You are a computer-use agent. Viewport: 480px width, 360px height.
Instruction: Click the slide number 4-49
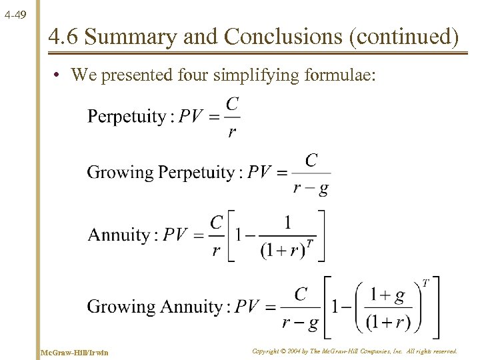(x=14, y=13)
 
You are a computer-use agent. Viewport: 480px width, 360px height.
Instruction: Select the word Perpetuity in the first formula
(x=127, y=117)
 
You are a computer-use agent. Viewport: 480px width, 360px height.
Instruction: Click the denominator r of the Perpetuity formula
(x=231, y=132)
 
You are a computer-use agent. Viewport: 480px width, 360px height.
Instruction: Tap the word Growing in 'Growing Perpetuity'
(x=120, y=173)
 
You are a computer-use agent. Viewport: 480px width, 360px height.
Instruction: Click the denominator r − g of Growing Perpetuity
(x=311, y=188)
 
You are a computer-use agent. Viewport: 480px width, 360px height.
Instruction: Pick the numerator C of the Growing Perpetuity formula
(x=311, y=161)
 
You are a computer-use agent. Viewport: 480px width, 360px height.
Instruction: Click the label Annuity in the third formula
(x=119, y=235)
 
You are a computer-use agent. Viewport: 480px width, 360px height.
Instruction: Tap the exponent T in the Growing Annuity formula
(x=425, y=283)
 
